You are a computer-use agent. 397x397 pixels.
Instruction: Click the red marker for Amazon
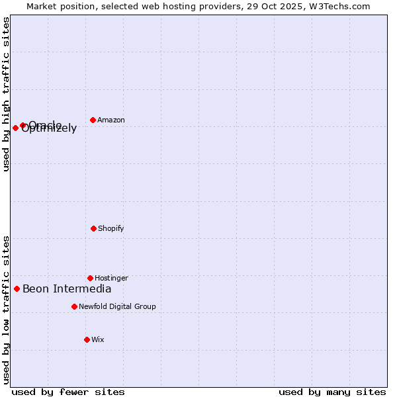(93, 120)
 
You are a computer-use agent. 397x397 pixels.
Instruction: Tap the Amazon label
(111, 120)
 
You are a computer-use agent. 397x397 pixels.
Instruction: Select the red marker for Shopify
(93, 228)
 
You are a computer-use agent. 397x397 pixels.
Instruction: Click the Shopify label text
(111, 228)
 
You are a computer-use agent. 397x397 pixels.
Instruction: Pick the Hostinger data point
(90, 278)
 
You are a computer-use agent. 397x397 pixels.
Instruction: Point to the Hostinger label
(111, 278)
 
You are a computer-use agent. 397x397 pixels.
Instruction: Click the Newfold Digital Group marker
(74, 306)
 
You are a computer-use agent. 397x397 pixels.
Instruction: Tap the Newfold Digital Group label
(117, 306)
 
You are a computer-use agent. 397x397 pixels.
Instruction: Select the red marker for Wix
(87, 339)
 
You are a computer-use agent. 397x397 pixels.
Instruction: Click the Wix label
(98, 339)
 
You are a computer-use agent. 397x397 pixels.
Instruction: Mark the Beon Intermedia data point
(17, 288)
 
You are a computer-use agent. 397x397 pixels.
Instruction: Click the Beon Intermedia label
(67, 288)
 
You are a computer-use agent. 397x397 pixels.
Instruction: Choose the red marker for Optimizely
(15, 128)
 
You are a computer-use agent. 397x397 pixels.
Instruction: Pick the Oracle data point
(22, 124)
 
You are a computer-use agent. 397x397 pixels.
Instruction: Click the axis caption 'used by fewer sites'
(68, 392)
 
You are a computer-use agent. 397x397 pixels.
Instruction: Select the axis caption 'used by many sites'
(332, 392)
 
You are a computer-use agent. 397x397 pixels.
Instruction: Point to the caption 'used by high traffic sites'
(6, 94)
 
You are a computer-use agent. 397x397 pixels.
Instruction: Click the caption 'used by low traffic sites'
(6, 310)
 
